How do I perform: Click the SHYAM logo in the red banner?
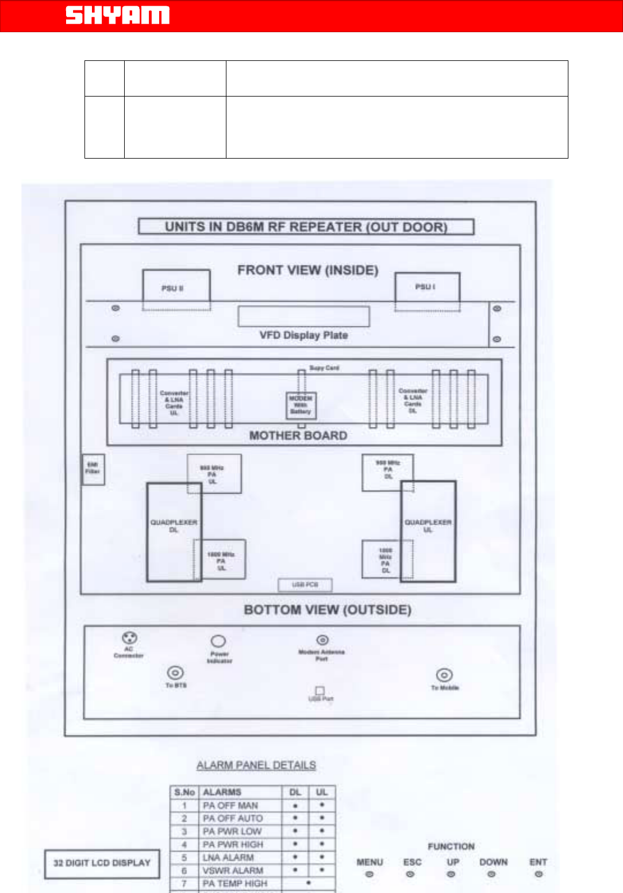click(x=117, y=15)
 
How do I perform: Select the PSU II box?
click(x=176, y=288)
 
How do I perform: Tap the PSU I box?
click(x=427, y=287)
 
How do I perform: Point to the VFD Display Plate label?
click(x=303, y=335)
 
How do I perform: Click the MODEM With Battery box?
click(x=301, y=405)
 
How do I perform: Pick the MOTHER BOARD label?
click(x=298, y=436)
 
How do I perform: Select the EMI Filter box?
click(x=93, y=469)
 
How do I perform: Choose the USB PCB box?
click(x=305, y=585)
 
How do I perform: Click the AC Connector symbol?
click(x=129, y=638)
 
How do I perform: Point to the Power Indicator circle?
click(x=218, y=641)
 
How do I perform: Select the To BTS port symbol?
click(x=175, y=672)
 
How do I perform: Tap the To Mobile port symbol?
click(x=444, y=675)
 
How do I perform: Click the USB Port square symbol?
click(x=320, y=690)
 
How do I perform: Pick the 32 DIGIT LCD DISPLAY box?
click(x=102, y=863)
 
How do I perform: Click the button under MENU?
click(x=370, y=874)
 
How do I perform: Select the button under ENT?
click(x=539, y=874)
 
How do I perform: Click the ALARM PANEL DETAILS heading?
click(x=256, y=765)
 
